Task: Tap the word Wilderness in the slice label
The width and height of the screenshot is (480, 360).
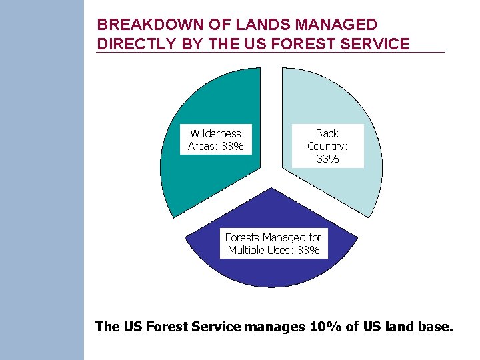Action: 215,134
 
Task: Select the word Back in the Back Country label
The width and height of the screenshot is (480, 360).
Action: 327,134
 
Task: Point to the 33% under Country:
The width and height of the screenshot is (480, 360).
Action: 327,159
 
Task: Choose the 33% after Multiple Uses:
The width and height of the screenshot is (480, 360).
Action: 308,251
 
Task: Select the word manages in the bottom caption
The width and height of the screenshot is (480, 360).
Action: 275,327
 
